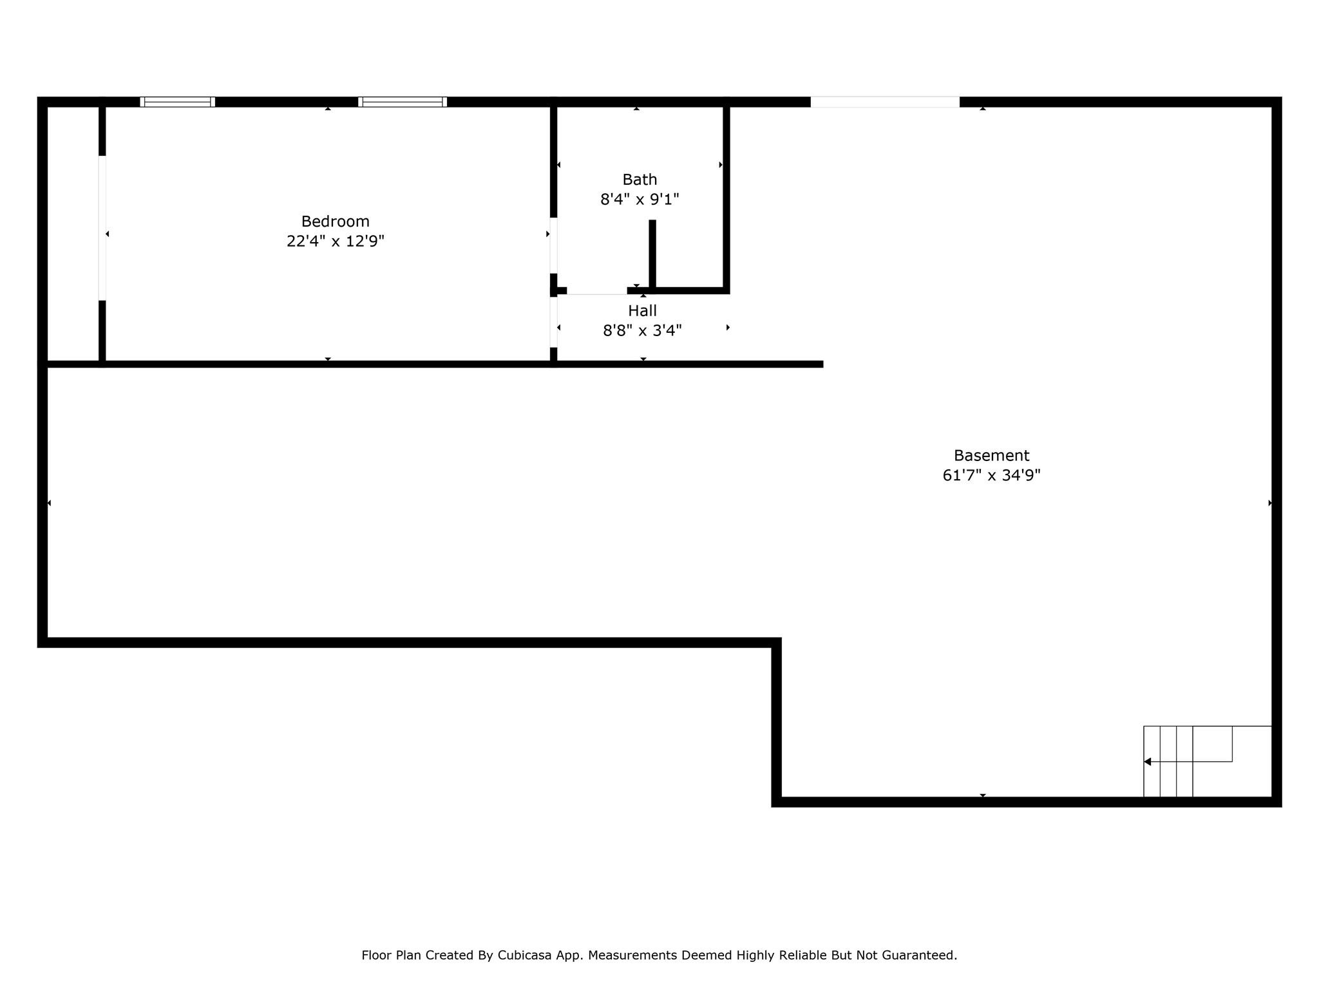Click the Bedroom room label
[335, 221]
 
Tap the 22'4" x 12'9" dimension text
[335, 241]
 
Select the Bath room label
[640, 180]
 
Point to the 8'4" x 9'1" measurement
[640, 200]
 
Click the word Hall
[642, 311]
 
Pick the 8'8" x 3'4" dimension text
[642, 331]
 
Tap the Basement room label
[991, 456]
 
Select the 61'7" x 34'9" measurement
[991, 476]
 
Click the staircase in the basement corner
[1207, 761]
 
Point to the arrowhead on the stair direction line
[1147, 762]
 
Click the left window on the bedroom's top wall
[177, 102]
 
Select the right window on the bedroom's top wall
[403, 102]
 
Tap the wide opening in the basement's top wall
[885, 102]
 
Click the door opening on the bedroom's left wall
[102, 228]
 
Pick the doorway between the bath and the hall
[597, 291]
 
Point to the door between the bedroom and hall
[553, 322]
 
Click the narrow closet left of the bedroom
[73, 234]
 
